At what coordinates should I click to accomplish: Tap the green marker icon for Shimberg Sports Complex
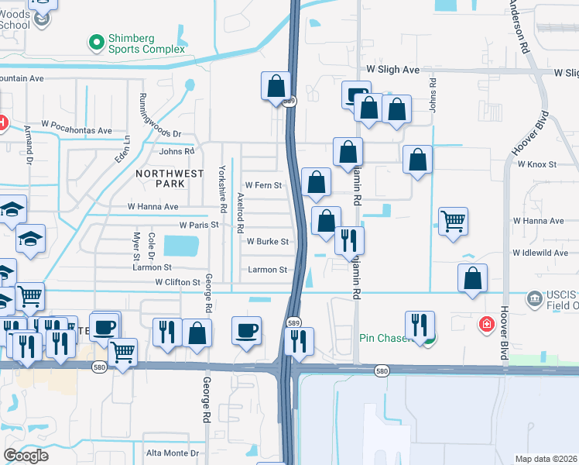pyautogui.click(x=97, y=42)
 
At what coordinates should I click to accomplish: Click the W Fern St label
pyautogui.click(x=263, y=185)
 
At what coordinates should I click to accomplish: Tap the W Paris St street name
pyautogui.click(x=199, y=225)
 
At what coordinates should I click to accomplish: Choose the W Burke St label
pyautogui.click(x=267, y=241)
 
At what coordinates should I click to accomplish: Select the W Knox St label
pyautogui.click(x=542, y=164)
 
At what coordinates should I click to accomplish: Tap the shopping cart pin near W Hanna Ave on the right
pyautogui.click(x=453, y=221)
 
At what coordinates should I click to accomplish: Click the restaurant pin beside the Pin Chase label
pyautogui.click(x=420, y=325)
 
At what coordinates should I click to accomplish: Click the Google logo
pyautogui.click(x=26, y=456)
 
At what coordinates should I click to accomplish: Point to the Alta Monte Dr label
pyautogui.click(x=173, y=453)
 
